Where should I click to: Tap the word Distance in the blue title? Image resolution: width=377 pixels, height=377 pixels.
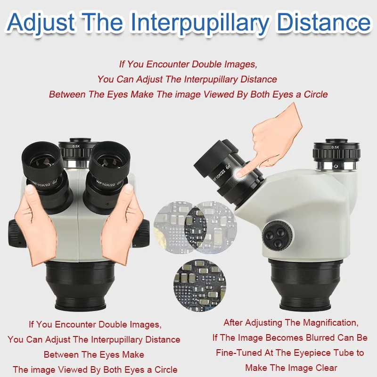(x=324, y=22)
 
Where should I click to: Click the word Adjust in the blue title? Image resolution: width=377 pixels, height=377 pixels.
(x=41, y=22)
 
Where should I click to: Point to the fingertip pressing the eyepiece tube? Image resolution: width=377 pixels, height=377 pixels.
(x=240, y=173)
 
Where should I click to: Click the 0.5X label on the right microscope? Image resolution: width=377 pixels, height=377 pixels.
(x=335, y=147)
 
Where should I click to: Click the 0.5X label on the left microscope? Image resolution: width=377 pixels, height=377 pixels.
(x=76, y=146)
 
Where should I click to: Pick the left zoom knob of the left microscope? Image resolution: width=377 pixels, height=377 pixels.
(x=16, y=234)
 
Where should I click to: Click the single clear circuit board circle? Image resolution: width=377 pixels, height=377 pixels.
(x=199, y=286)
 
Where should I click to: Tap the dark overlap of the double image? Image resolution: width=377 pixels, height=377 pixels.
(x=195, y=227)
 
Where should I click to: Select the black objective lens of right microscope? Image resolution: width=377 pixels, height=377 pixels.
(x=305, y=285)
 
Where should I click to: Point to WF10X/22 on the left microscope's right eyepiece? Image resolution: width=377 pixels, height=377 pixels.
(x=106, y=184)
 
